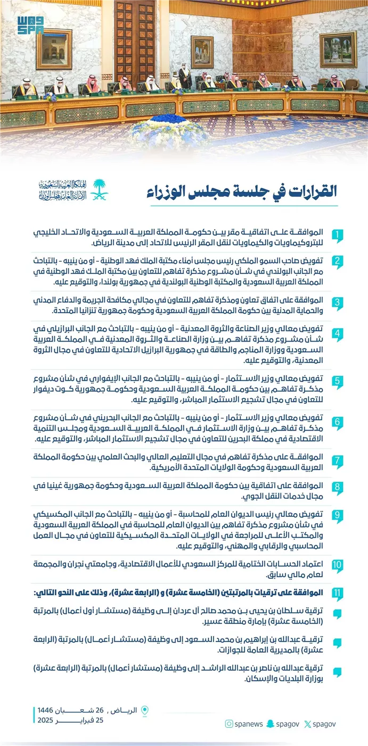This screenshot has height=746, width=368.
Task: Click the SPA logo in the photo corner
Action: click(29, 25)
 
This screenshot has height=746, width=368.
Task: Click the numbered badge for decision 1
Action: click(337, 235)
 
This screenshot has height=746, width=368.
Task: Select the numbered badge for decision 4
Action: click(337, 335)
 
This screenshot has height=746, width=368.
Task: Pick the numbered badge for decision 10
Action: click(337, 565)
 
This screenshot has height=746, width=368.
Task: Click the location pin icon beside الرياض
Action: click(145, 710)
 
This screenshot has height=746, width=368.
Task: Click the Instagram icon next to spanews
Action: click(228, 724)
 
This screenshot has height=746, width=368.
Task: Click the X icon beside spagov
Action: click(308, 724)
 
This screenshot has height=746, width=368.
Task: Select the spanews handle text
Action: click(248, 724)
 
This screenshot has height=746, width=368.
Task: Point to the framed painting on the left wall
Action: click(54, 50)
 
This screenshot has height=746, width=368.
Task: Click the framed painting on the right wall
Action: click(338, 49)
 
